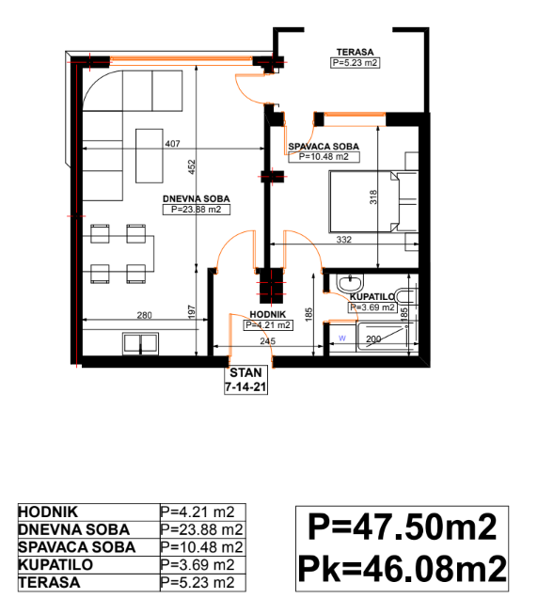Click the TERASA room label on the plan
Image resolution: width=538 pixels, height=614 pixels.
355,52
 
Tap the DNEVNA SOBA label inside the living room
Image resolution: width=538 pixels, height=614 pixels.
197,198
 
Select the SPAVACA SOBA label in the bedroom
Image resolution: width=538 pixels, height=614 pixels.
324,147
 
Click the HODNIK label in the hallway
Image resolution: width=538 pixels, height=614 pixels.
268,314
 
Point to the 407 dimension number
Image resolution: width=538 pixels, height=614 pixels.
173,144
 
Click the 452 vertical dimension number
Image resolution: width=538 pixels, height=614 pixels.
192,166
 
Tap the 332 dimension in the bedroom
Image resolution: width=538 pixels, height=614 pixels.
344,240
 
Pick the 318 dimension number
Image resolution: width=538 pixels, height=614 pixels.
373,197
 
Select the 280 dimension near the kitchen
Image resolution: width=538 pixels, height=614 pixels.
145,315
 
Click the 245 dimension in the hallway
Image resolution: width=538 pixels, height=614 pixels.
268,341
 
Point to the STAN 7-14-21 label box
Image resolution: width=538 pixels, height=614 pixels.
245,380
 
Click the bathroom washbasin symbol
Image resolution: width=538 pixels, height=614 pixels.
350,283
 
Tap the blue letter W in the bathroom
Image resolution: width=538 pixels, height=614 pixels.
342,338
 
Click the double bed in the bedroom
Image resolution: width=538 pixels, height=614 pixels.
365,201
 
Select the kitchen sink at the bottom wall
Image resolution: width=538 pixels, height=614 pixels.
140,343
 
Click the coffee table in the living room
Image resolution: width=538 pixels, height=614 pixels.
150,156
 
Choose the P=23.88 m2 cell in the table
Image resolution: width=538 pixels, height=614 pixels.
202,529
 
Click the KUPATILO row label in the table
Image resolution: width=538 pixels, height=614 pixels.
55,565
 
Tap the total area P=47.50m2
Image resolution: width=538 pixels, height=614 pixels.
403,527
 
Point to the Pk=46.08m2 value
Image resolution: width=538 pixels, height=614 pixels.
403,569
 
